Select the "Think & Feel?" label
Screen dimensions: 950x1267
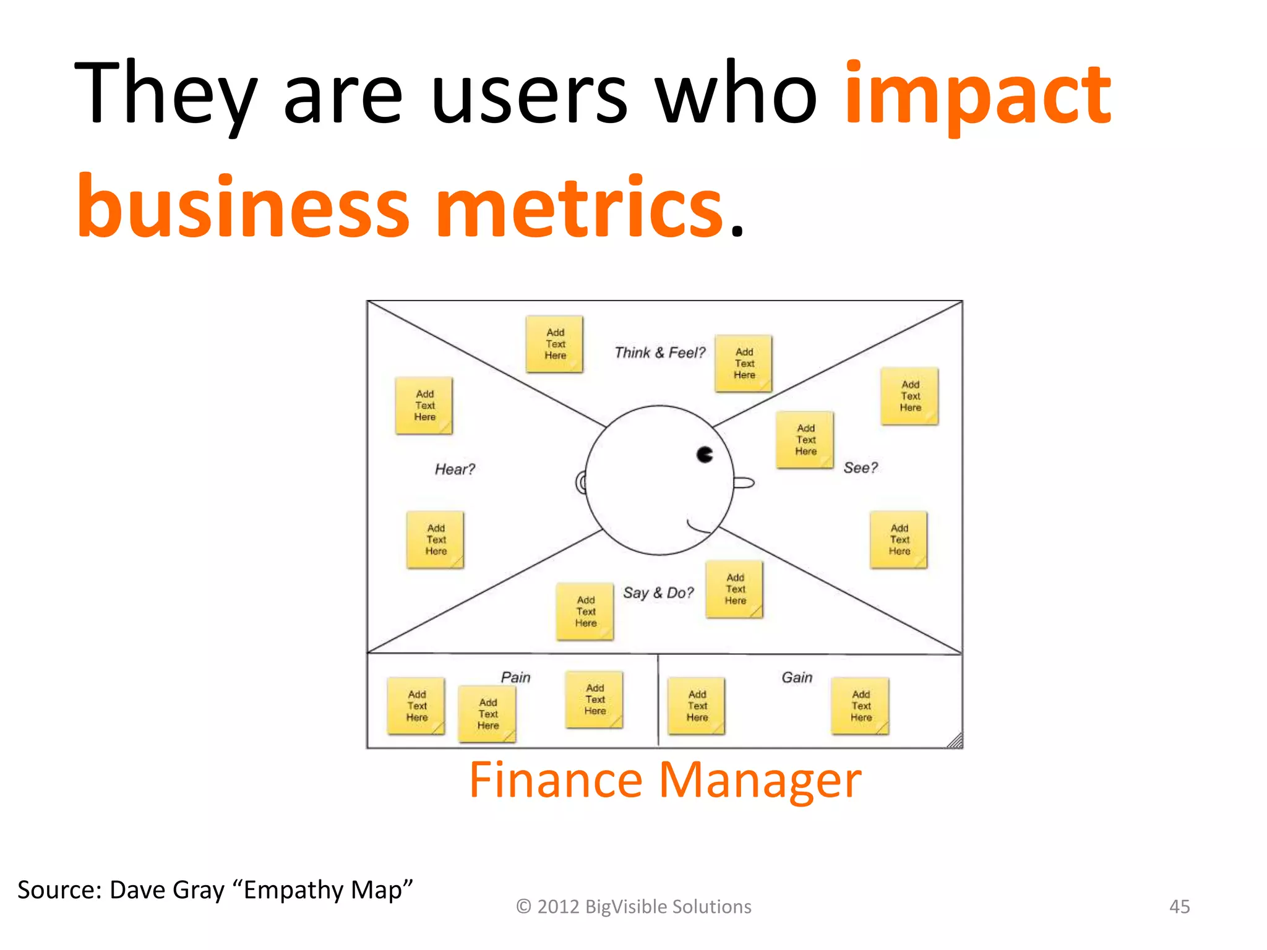coord(659,353)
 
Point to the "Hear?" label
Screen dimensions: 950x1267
coord(455,469)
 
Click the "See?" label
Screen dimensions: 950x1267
coord(860,468)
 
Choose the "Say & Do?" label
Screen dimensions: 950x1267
coord(658,593)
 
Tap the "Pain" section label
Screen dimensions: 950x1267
coord(515,677)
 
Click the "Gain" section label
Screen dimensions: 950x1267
coord(797,677)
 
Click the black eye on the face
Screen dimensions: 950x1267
coord(705,455)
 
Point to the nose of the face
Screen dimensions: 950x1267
coord(745,482)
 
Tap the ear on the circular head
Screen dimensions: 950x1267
coord(581,482)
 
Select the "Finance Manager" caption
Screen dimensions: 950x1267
coord(665,781)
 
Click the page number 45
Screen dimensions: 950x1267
coord(1179,907)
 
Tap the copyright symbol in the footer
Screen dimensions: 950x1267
coord(523,907)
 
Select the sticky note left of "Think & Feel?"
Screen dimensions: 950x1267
coord(555,344)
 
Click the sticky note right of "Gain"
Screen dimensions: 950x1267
coord(861,706)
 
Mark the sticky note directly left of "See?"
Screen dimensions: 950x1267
coord(805,440)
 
